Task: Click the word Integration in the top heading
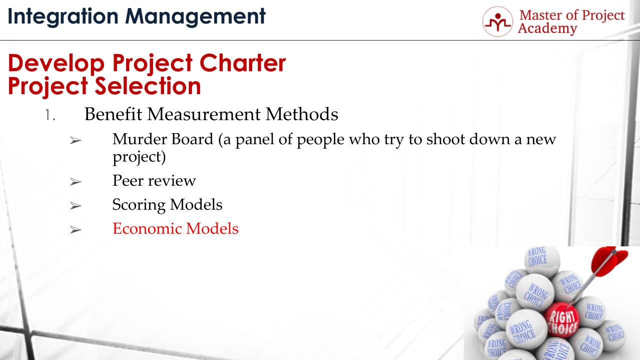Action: click(x=63, y=17)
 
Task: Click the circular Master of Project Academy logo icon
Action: click(x=497, y=22)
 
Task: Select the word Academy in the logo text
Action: click(x=547, y=29)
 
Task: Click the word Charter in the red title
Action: click(x=243, y=63)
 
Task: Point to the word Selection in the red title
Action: click(x=148, y=86)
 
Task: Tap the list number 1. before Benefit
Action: click(x=50, y=115)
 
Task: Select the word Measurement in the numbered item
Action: click(x=204, y=114)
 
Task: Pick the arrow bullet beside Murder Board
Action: click(x=76, y=140)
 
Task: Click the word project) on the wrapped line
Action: click(x=139, y=157)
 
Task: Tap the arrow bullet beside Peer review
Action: click(x=76, y=182)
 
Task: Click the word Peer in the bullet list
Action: click(x=128, y=180)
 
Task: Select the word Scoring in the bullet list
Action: click(x=139, y=205)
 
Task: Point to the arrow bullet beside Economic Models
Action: click(x=76, y=230)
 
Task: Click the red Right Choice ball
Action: click(x=561, y=320)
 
